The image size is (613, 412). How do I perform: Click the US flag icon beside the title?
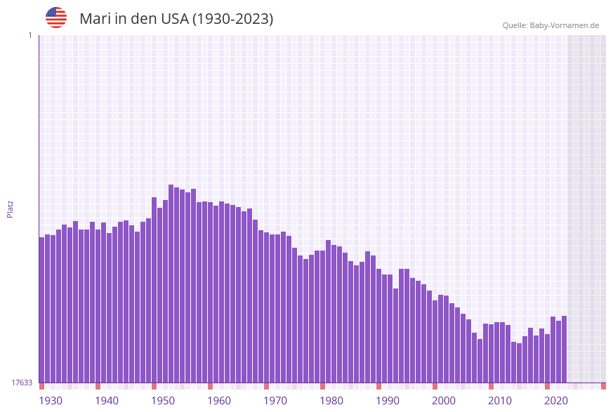click(56, 18)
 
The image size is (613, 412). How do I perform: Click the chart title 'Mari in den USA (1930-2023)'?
click(176, 19)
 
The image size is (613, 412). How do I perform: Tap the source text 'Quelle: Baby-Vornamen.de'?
click(551, 25)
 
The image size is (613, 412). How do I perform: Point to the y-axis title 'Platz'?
click(11, 208)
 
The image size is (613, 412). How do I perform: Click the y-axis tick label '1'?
click(29, 35)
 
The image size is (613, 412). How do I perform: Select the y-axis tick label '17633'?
click(22, 383)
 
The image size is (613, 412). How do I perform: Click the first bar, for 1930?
click(41, 310)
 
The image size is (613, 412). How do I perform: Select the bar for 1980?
click(322, 317)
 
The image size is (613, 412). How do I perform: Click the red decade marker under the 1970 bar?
click(266, 386)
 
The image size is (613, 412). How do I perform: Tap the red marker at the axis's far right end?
click(603, 386)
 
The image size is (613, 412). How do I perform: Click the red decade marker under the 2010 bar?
click(491, 386)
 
